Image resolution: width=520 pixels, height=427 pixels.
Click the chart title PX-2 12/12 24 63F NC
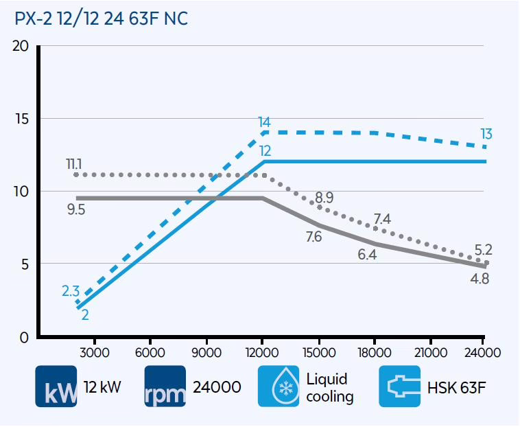(101, 19)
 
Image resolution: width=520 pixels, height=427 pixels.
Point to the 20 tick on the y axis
(21, 47)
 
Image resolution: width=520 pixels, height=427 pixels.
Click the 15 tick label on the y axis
(21, 119)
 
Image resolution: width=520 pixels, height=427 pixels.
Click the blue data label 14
(264, 123)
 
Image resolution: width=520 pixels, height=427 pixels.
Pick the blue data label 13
(486, 134)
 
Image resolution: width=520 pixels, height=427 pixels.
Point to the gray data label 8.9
(324, 198)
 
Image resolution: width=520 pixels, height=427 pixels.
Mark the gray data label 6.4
(367, 255)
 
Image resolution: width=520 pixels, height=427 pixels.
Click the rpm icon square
(165, 386)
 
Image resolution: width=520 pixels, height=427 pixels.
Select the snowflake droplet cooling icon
(279, 386)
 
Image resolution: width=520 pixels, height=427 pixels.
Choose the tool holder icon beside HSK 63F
(400, 386)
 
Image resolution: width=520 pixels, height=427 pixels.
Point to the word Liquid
(327, 379)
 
